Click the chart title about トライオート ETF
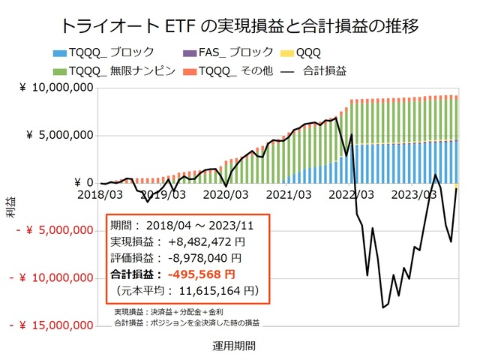point(239,25)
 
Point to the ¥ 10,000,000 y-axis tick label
point(60,88)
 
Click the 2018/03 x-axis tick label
point(100,194)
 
